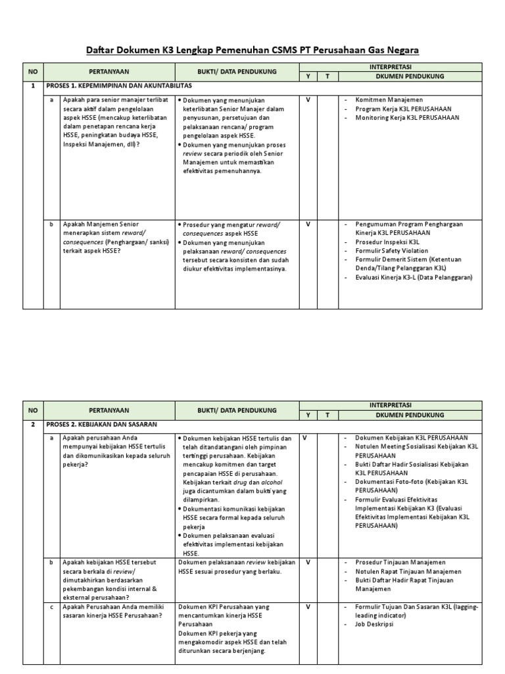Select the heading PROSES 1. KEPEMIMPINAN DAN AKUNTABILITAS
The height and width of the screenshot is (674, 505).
[x=118, y=86]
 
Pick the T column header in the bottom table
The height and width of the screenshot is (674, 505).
[x=327, y=415]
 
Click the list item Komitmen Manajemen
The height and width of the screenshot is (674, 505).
[x=389, y=99]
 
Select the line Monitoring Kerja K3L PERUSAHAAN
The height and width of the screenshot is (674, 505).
[x=407, y=117]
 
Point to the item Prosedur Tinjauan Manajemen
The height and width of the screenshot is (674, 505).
[x=400, y=563]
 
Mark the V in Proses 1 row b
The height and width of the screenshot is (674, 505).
[x=308, y=224]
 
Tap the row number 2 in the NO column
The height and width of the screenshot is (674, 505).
[x=33, y=424]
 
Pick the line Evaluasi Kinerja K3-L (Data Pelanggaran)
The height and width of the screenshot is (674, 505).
[x=414, y=278]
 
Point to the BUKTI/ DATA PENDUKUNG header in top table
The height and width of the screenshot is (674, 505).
[x=237, y=71]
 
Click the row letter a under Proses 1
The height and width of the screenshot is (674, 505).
[x=51, y=99]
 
